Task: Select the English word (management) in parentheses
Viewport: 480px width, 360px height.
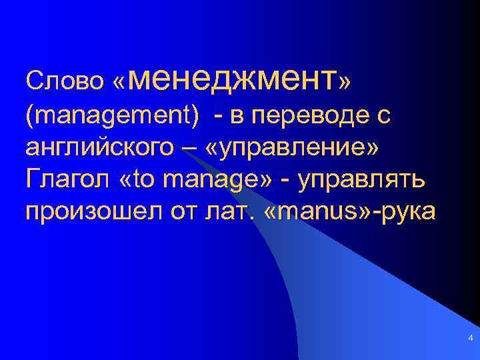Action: (x=112, y=115)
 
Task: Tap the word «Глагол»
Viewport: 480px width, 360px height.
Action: (x=66, y=179)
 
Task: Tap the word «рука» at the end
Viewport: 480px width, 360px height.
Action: (x=407, y=211)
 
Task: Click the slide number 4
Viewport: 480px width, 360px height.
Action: (x=471, y=339)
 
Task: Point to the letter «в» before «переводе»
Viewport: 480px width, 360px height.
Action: (x=237, y=115)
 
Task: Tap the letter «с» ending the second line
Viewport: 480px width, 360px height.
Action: (x=383, y=115)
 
